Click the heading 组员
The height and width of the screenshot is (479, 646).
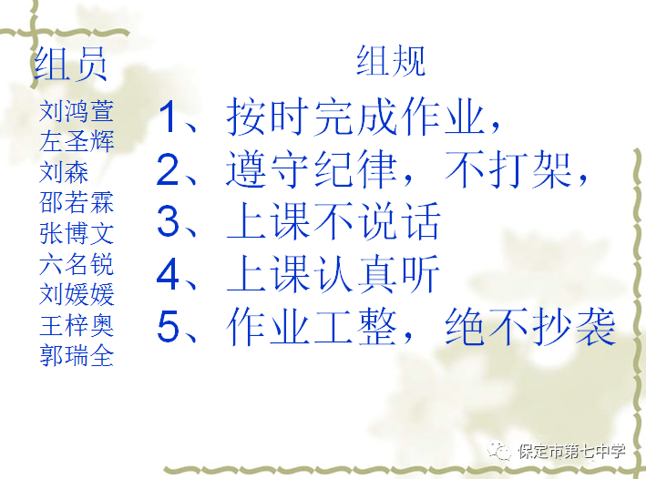[x=70, y=64]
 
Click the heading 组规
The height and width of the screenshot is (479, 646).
[x=391, y=61]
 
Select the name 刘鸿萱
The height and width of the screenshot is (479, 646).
[x=77, y=111]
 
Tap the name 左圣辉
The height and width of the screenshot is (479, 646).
[x=77, y=141]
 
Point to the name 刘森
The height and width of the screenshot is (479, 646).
[x=64, y=172]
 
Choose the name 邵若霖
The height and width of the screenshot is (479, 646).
[x=77, y=203]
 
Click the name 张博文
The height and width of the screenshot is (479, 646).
[x=77, y=233]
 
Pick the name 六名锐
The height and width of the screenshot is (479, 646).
[x=77, y=264]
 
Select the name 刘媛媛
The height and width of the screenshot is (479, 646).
[x=77, y=294]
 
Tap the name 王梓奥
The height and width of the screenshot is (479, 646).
[x=77, y=325]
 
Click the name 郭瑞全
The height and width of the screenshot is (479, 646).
[x=77, y=356]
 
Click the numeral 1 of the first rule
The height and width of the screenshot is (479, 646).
[x=168, y=117]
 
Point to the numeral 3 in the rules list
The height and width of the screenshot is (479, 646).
[x=168, y=221]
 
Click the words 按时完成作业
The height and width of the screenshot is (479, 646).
[x=355, y=117]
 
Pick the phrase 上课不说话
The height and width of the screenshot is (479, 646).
[x=333, y=221]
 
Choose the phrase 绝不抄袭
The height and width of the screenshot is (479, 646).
[x=530, y=327]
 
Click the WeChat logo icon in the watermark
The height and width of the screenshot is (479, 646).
[x=499, y=451]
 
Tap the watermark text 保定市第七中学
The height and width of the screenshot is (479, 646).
[x=571, y=452]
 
